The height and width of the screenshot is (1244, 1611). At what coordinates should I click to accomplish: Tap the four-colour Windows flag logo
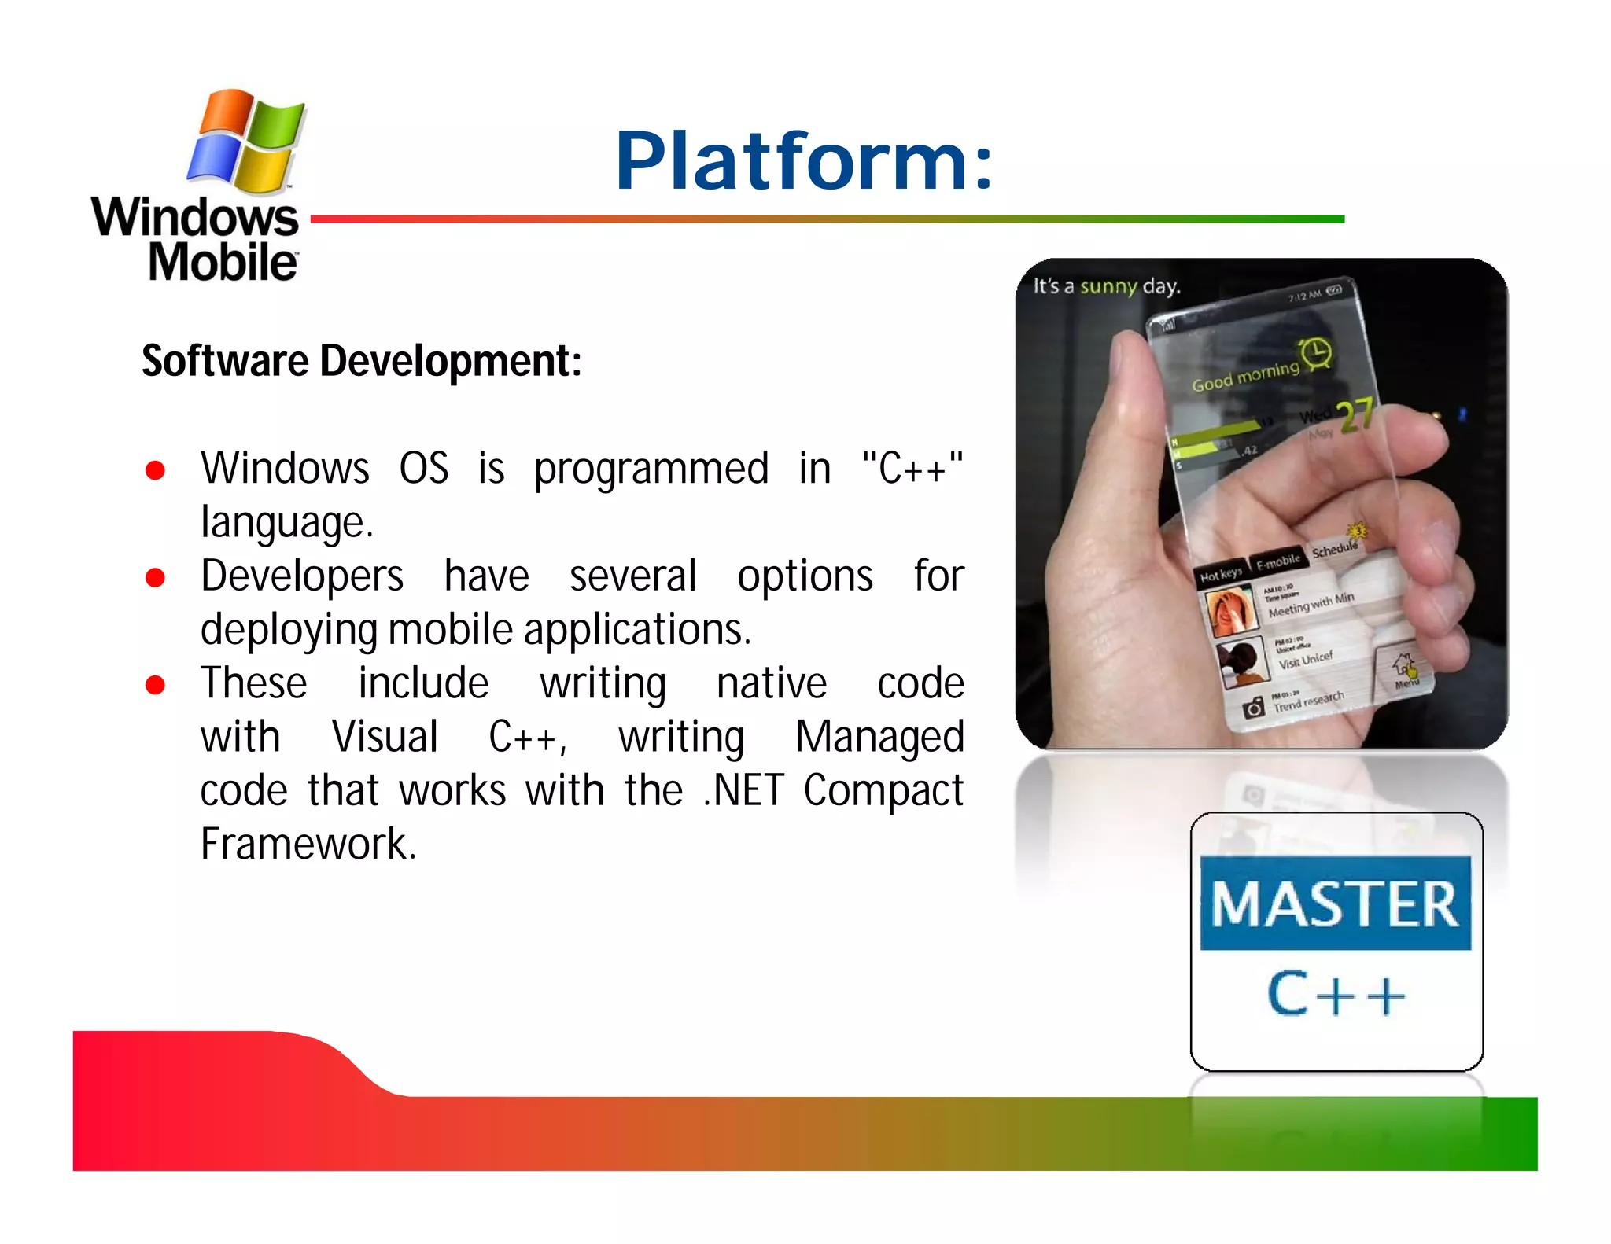tap(245, 142)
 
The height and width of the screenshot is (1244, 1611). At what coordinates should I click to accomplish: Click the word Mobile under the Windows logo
tap(223, 262)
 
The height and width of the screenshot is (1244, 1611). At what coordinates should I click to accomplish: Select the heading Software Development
tap(361, 361)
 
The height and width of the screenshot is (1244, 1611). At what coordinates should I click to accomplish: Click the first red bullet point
tap(155, 470)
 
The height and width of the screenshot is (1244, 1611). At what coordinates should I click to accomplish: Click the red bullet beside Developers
tap(155, 578)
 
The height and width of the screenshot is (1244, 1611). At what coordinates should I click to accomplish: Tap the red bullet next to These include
tap(155, 685)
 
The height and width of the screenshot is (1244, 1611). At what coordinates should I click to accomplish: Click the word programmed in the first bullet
tap(651, 469)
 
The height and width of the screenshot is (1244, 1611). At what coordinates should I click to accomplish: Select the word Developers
tap(302, 576)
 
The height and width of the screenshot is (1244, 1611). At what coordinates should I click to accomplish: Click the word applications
tap(637, 630)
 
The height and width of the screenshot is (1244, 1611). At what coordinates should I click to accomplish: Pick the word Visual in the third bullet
tap(385, 737)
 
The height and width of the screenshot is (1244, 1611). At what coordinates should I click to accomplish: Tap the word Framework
tap(307, 845)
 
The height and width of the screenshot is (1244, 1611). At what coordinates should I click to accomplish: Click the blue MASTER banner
tap(1335, 904)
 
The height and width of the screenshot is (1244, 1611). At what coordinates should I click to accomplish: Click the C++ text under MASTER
tap(1335, 995)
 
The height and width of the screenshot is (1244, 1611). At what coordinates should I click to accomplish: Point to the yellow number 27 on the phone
tap(1356, 416)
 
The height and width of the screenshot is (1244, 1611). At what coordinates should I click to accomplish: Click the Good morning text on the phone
tap(1244, 376)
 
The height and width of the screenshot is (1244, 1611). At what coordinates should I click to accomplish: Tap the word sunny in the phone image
tap(1108, 285)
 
